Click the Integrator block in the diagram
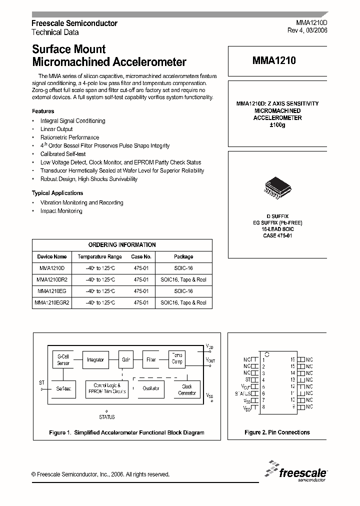(95, 359)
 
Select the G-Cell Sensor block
(63, 359)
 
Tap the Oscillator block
(151, 388)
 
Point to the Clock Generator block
(187, 389)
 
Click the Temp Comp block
(177, 358)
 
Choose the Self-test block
(63, 388)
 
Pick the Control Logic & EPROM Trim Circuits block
(107, 388)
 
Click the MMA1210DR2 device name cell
(52, 279)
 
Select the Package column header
(183, 256)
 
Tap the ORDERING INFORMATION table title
(122, 244)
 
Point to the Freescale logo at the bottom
(296, 471)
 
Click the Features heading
(43, 111)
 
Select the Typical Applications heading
(57, 193)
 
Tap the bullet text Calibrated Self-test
(63, 154)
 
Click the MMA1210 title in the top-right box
(274, 61)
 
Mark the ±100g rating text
(277, 124)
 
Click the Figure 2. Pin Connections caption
(277, 432)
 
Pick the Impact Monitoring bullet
(61, 211)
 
